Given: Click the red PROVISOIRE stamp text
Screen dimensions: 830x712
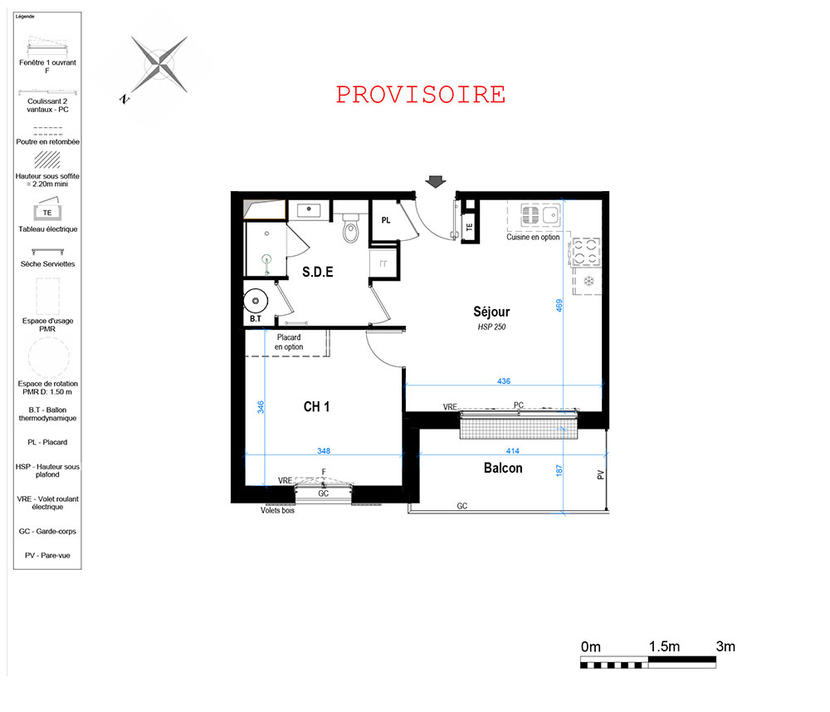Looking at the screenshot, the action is [x=421, y=95].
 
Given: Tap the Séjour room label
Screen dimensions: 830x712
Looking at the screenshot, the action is [x=491, y=312].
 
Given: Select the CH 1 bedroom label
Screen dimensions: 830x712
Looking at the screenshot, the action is [x=316, y=407].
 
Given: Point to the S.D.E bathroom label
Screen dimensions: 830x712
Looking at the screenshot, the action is [x=318, y=272].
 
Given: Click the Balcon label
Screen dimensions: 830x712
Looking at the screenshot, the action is [x=503, y=468].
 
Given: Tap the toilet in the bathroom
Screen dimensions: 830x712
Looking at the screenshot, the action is [x=350, y=228].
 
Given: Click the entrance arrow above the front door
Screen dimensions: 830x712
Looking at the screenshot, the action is [x=436, y=182].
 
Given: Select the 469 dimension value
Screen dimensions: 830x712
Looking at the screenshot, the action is [x=559, y=306].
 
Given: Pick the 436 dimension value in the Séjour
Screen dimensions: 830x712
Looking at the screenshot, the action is [x=504, y=381].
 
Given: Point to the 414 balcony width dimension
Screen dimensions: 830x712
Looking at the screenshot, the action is [x=512, y=451].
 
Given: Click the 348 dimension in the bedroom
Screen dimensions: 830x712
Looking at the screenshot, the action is [x=324, y=451].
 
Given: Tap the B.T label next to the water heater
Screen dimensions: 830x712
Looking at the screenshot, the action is [x=256, y=318].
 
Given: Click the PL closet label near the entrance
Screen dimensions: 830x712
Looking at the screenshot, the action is [x=386, y=220].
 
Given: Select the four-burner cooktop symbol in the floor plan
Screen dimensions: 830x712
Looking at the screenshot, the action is [x=587, y=252].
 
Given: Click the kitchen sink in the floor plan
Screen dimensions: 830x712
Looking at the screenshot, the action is [x=540, y=214].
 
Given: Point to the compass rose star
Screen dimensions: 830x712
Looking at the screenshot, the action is [x=159, y=65].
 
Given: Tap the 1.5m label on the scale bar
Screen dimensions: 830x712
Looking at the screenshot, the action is [x=664, y=646].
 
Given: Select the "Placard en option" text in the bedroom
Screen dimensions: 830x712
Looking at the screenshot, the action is [x=289, y=341].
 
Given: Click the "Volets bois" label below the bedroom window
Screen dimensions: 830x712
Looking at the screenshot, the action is [x=277, y=510].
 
